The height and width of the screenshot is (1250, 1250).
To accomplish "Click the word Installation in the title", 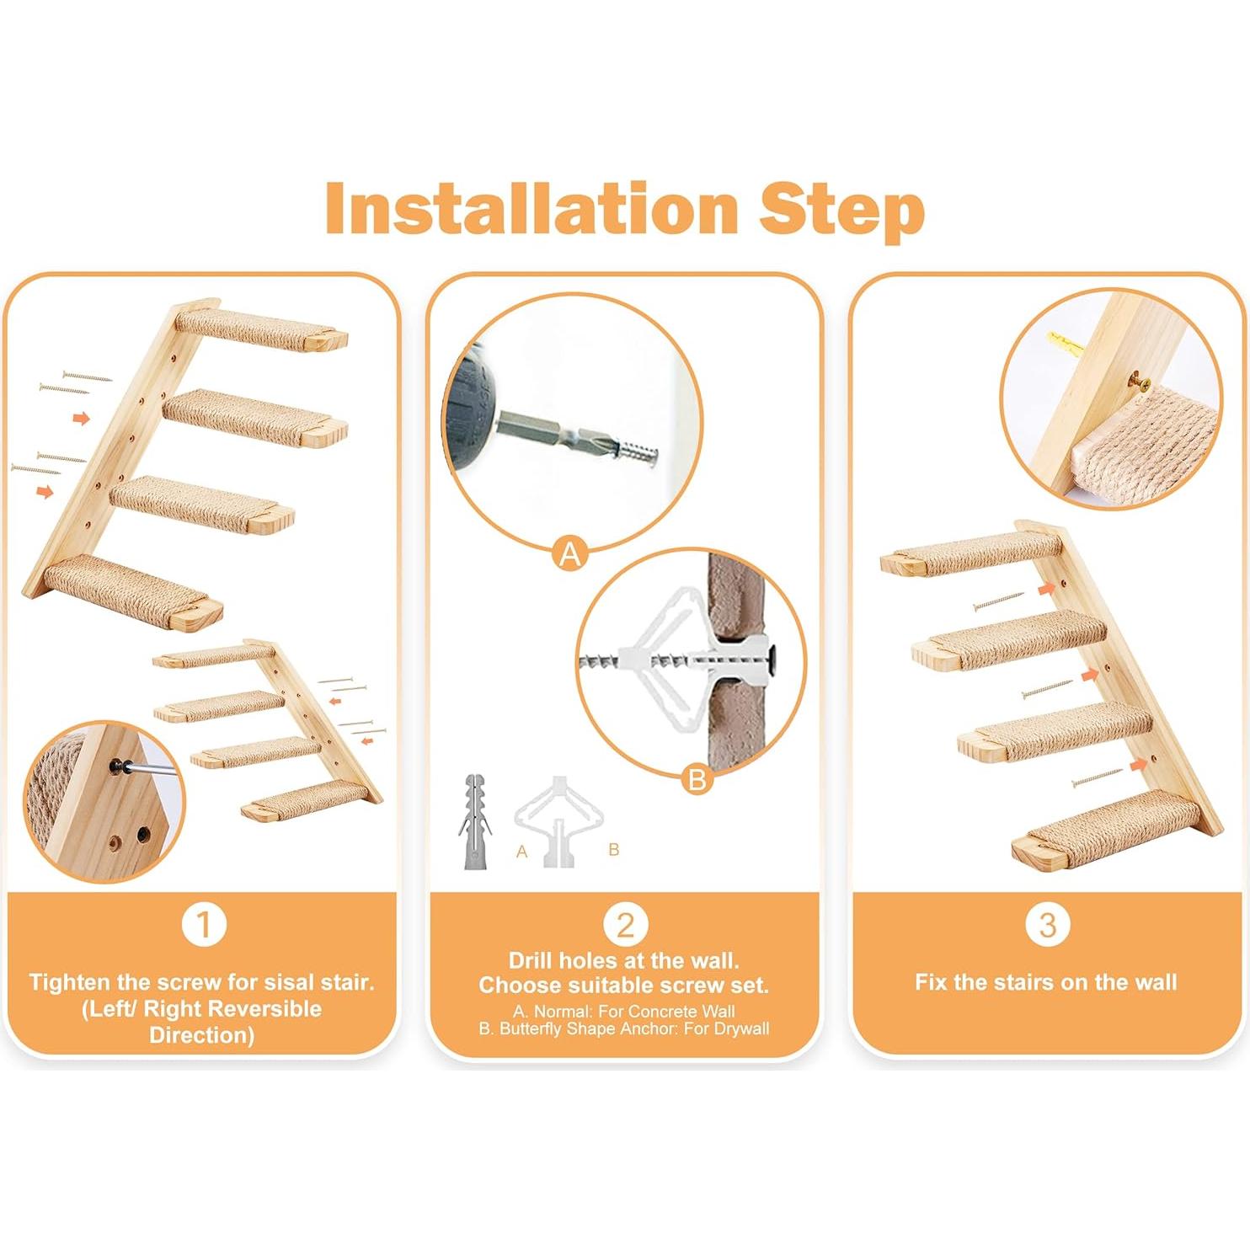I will [531, 208].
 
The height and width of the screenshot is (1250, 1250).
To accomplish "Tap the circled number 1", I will [204, 924].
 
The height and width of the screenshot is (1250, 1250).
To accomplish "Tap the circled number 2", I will [624, 925].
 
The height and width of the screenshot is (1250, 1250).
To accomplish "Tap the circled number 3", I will [1047, 925].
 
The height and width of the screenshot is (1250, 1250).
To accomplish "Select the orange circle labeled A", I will [570, 554].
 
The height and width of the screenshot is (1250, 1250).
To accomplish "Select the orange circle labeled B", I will [697, 780].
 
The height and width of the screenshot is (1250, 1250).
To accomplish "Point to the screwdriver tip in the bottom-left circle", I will [117, 767].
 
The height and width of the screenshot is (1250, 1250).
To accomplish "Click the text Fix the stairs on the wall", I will [1045, 982].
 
